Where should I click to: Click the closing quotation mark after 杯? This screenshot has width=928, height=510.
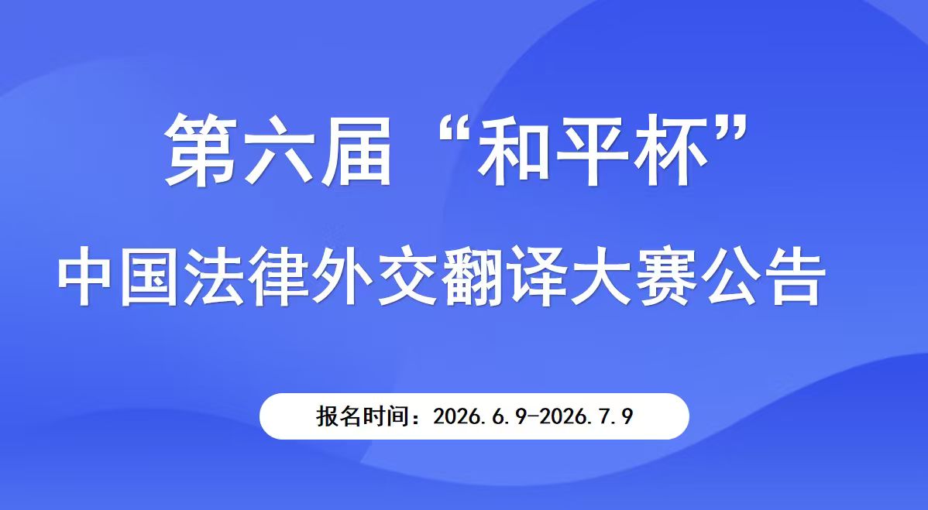(729, 132)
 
